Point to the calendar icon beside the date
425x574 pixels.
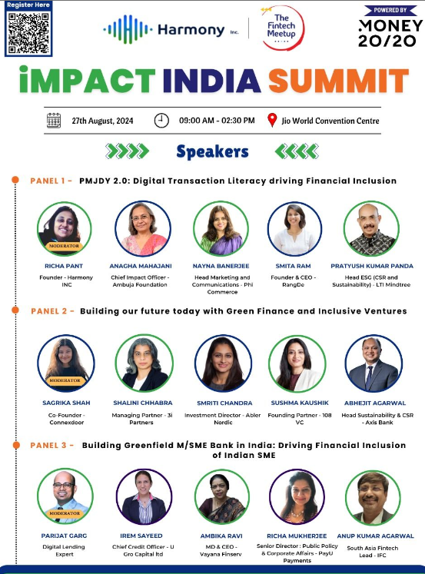click(54, 121)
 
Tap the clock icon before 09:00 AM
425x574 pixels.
click(161, 121)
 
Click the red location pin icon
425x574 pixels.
click(271, 121)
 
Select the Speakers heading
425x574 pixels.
click(212, 151)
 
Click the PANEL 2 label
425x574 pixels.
click(51, 311)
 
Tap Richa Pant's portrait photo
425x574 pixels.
click(65, 228)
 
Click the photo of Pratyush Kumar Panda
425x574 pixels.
click(372, 228)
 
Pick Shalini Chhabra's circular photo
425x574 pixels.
click(142, 363)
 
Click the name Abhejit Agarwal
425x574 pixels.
click(373, 402)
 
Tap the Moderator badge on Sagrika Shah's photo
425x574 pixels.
click(65, 380)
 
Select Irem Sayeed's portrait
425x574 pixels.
click(143, 496)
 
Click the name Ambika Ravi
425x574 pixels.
click(222, 536)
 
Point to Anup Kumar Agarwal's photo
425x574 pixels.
click(374, 496)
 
